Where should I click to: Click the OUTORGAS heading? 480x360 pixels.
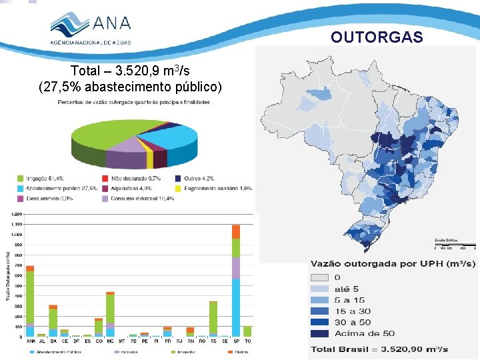point(377,37)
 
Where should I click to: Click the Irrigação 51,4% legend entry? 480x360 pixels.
point(43,179)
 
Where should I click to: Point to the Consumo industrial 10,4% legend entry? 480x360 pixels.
point(131,199)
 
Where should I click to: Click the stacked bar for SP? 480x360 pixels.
point(235,280)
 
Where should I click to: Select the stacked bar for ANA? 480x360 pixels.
point(29,301)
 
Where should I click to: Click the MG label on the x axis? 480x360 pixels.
point(109,340)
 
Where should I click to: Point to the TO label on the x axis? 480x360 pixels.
point(247,340)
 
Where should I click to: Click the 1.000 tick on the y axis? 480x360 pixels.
point(15,234)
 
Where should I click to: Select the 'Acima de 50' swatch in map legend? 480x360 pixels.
point(319,333)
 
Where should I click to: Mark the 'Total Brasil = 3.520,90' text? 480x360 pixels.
point(379,349)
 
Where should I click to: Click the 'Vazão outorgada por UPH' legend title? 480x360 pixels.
point(392,264)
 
